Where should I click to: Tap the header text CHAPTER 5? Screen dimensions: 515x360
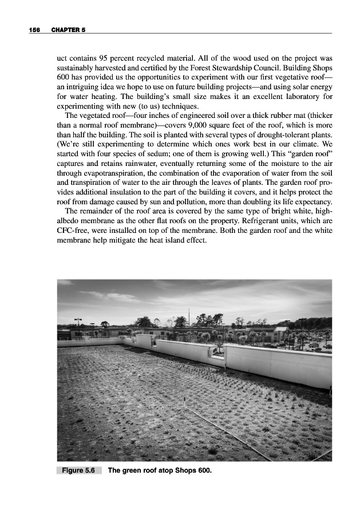click(68, 29)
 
